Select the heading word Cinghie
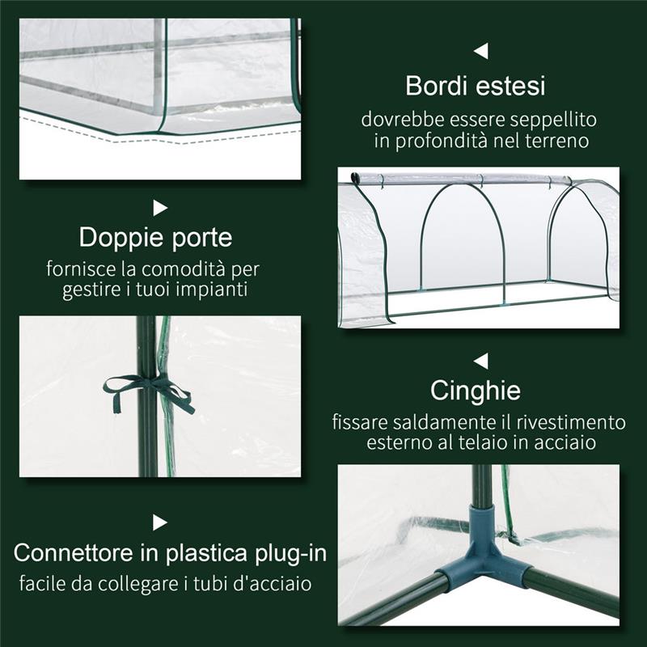click(x=475, y=391)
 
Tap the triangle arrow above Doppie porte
click(x=160, y=208)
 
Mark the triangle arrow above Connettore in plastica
click(x=160, y=522)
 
